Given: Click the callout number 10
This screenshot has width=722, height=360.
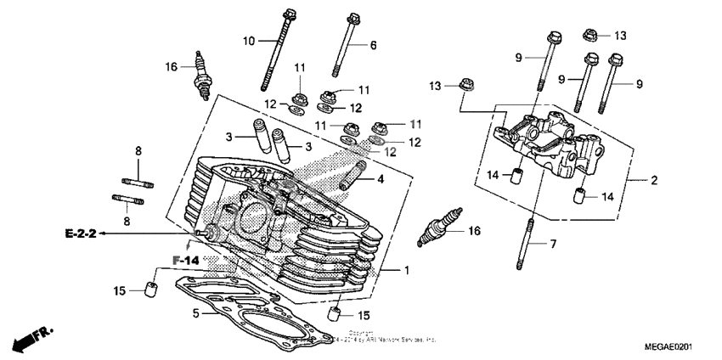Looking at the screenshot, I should point(249,41).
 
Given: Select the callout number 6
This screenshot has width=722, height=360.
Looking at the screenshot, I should point(372,44).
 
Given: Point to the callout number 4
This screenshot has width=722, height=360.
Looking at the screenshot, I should point(381,179).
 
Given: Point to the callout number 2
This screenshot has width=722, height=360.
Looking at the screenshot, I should point(654,180).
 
